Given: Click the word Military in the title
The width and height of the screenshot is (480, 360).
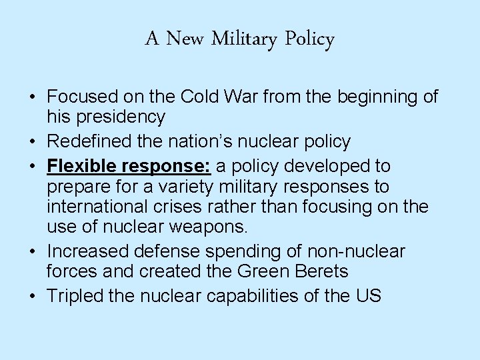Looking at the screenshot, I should tap(245, 40).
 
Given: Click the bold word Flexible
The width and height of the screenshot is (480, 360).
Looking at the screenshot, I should tap(81, 165).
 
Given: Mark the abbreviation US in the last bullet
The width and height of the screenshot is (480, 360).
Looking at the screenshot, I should tap(369, 296).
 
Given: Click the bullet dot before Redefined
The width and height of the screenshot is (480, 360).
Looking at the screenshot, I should tap(32, 142).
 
